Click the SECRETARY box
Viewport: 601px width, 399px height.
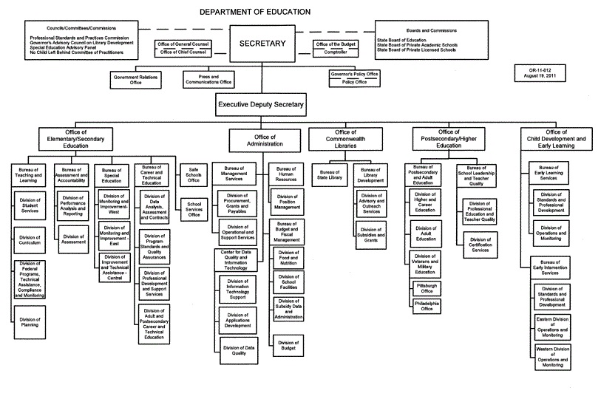(262, 44)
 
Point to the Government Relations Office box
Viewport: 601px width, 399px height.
(135, 79)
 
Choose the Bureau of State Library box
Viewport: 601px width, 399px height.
(330, 174)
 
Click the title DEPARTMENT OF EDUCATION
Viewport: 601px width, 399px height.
(255, 12)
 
